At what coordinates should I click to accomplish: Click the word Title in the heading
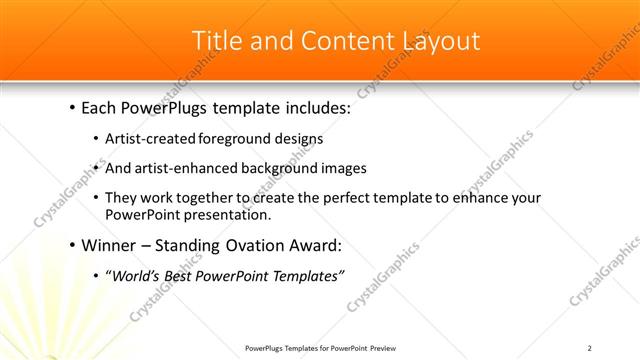click(216, 41)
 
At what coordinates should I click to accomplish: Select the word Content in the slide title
click(340, 41)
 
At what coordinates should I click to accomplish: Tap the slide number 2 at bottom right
click(590, 347)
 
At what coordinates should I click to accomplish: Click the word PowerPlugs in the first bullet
click(172, 108)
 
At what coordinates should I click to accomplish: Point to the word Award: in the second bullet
click(314, 245)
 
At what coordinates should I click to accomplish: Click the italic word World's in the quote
click(136, 275)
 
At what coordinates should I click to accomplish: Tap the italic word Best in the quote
click(184, 275)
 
